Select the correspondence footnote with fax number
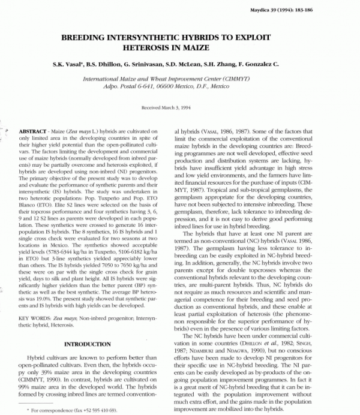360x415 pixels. coord(79,410)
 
